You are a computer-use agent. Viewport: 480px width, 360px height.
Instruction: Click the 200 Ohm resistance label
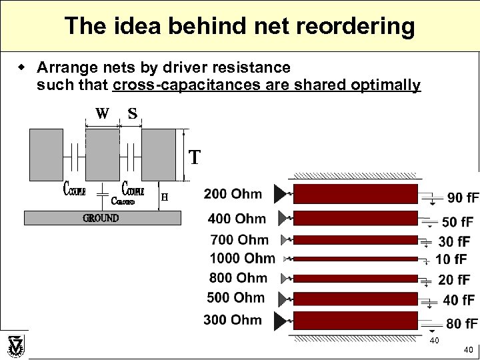click(x=233, y=194)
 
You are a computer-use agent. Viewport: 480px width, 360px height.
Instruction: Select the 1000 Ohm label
click(x=241, y=258)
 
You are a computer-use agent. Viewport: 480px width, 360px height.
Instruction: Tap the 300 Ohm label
click(x=233, y=320)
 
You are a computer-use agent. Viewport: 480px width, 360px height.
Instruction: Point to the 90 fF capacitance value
click(x=463, y=197)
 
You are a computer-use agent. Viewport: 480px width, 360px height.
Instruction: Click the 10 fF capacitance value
click(x=453, y=259)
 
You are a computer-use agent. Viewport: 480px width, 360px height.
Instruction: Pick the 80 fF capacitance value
click(x=461, y=324)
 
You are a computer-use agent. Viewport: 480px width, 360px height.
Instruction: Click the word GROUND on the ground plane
click(x=101, y=218)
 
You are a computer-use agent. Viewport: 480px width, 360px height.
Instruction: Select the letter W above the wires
click(x=102, y=113)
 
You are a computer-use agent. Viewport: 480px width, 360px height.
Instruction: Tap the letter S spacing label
click(x=133, y=113)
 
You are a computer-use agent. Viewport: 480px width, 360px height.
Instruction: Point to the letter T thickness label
click(x=194, y=157)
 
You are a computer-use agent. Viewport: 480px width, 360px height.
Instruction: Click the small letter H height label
click(x=165, y=197)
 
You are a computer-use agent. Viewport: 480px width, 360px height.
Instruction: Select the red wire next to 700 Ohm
click(x=355, y=240)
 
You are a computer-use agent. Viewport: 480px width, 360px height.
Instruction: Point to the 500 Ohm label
click(x=235, y=297)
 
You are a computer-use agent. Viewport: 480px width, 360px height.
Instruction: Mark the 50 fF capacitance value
click(x=457, y=221)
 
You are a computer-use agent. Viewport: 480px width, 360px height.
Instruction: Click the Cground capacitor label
click(x=123, y=200)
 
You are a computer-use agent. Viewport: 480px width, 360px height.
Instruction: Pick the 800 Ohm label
click(x=237, y=277)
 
